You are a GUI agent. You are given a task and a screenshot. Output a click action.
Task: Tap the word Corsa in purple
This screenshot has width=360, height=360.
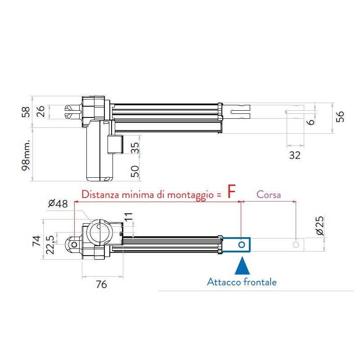click(269, 195)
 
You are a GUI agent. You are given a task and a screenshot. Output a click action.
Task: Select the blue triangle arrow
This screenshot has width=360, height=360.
click(242, 266)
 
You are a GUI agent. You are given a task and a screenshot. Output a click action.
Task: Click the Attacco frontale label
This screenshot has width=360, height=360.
click(242, 282)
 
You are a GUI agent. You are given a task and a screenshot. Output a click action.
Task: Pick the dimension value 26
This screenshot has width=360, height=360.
click(41, 112)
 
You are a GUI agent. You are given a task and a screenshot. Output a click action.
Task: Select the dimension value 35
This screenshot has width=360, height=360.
click(135, 148)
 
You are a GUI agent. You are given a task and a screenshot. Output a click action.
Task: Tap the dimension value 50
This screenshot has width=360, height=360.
click(135, 171)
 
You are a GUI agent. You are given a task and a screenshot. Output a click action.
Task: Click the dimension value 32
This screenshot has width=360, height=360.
click(295, 156)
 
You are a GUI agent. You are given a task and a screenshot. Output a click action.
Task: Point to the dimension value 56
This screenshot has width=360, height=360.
click(341, 116)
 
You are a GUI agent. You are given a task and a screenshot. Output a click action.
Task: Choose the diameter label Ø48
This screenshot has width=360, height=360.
click(58, 203)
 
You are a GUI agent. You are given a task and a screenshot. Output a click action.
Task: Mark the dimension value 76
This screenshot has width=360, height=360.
click(102, 284)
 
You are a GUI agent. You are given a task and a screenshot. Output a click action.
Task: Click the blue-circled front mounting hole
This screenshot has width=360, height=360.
click(242, 244)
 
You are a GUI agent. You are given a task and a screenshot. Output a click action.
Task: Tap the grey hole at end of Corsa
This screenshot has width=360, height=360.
click(296, 244)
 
